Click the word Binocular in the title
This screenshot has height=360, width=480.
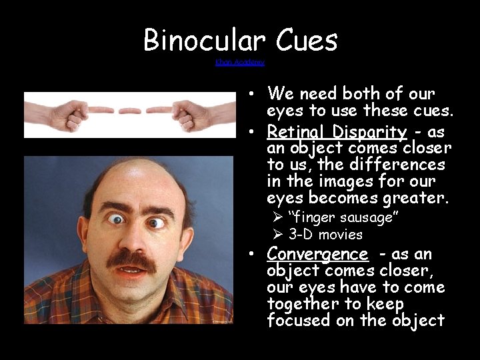[x=201, y=41]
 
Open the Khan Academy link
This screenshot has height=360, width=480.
[x=240, y=62]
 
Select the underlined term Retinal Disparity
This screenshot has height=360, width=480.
[x=337, y=131]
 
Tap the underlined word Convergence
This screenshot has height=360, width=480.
[x=317, y=254]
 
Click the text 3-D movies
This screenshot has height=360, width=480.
[x=325, y=235]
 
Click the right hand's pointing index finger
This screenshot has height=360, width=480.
[x=160, y=110]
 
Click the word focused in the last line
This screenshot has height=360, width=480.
[x=298, y=321]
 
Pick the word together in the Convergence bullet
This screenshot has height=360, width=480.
[x=298, y=304]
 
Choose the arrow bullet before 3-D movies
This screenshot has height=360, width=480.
[x=278, y=235]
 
